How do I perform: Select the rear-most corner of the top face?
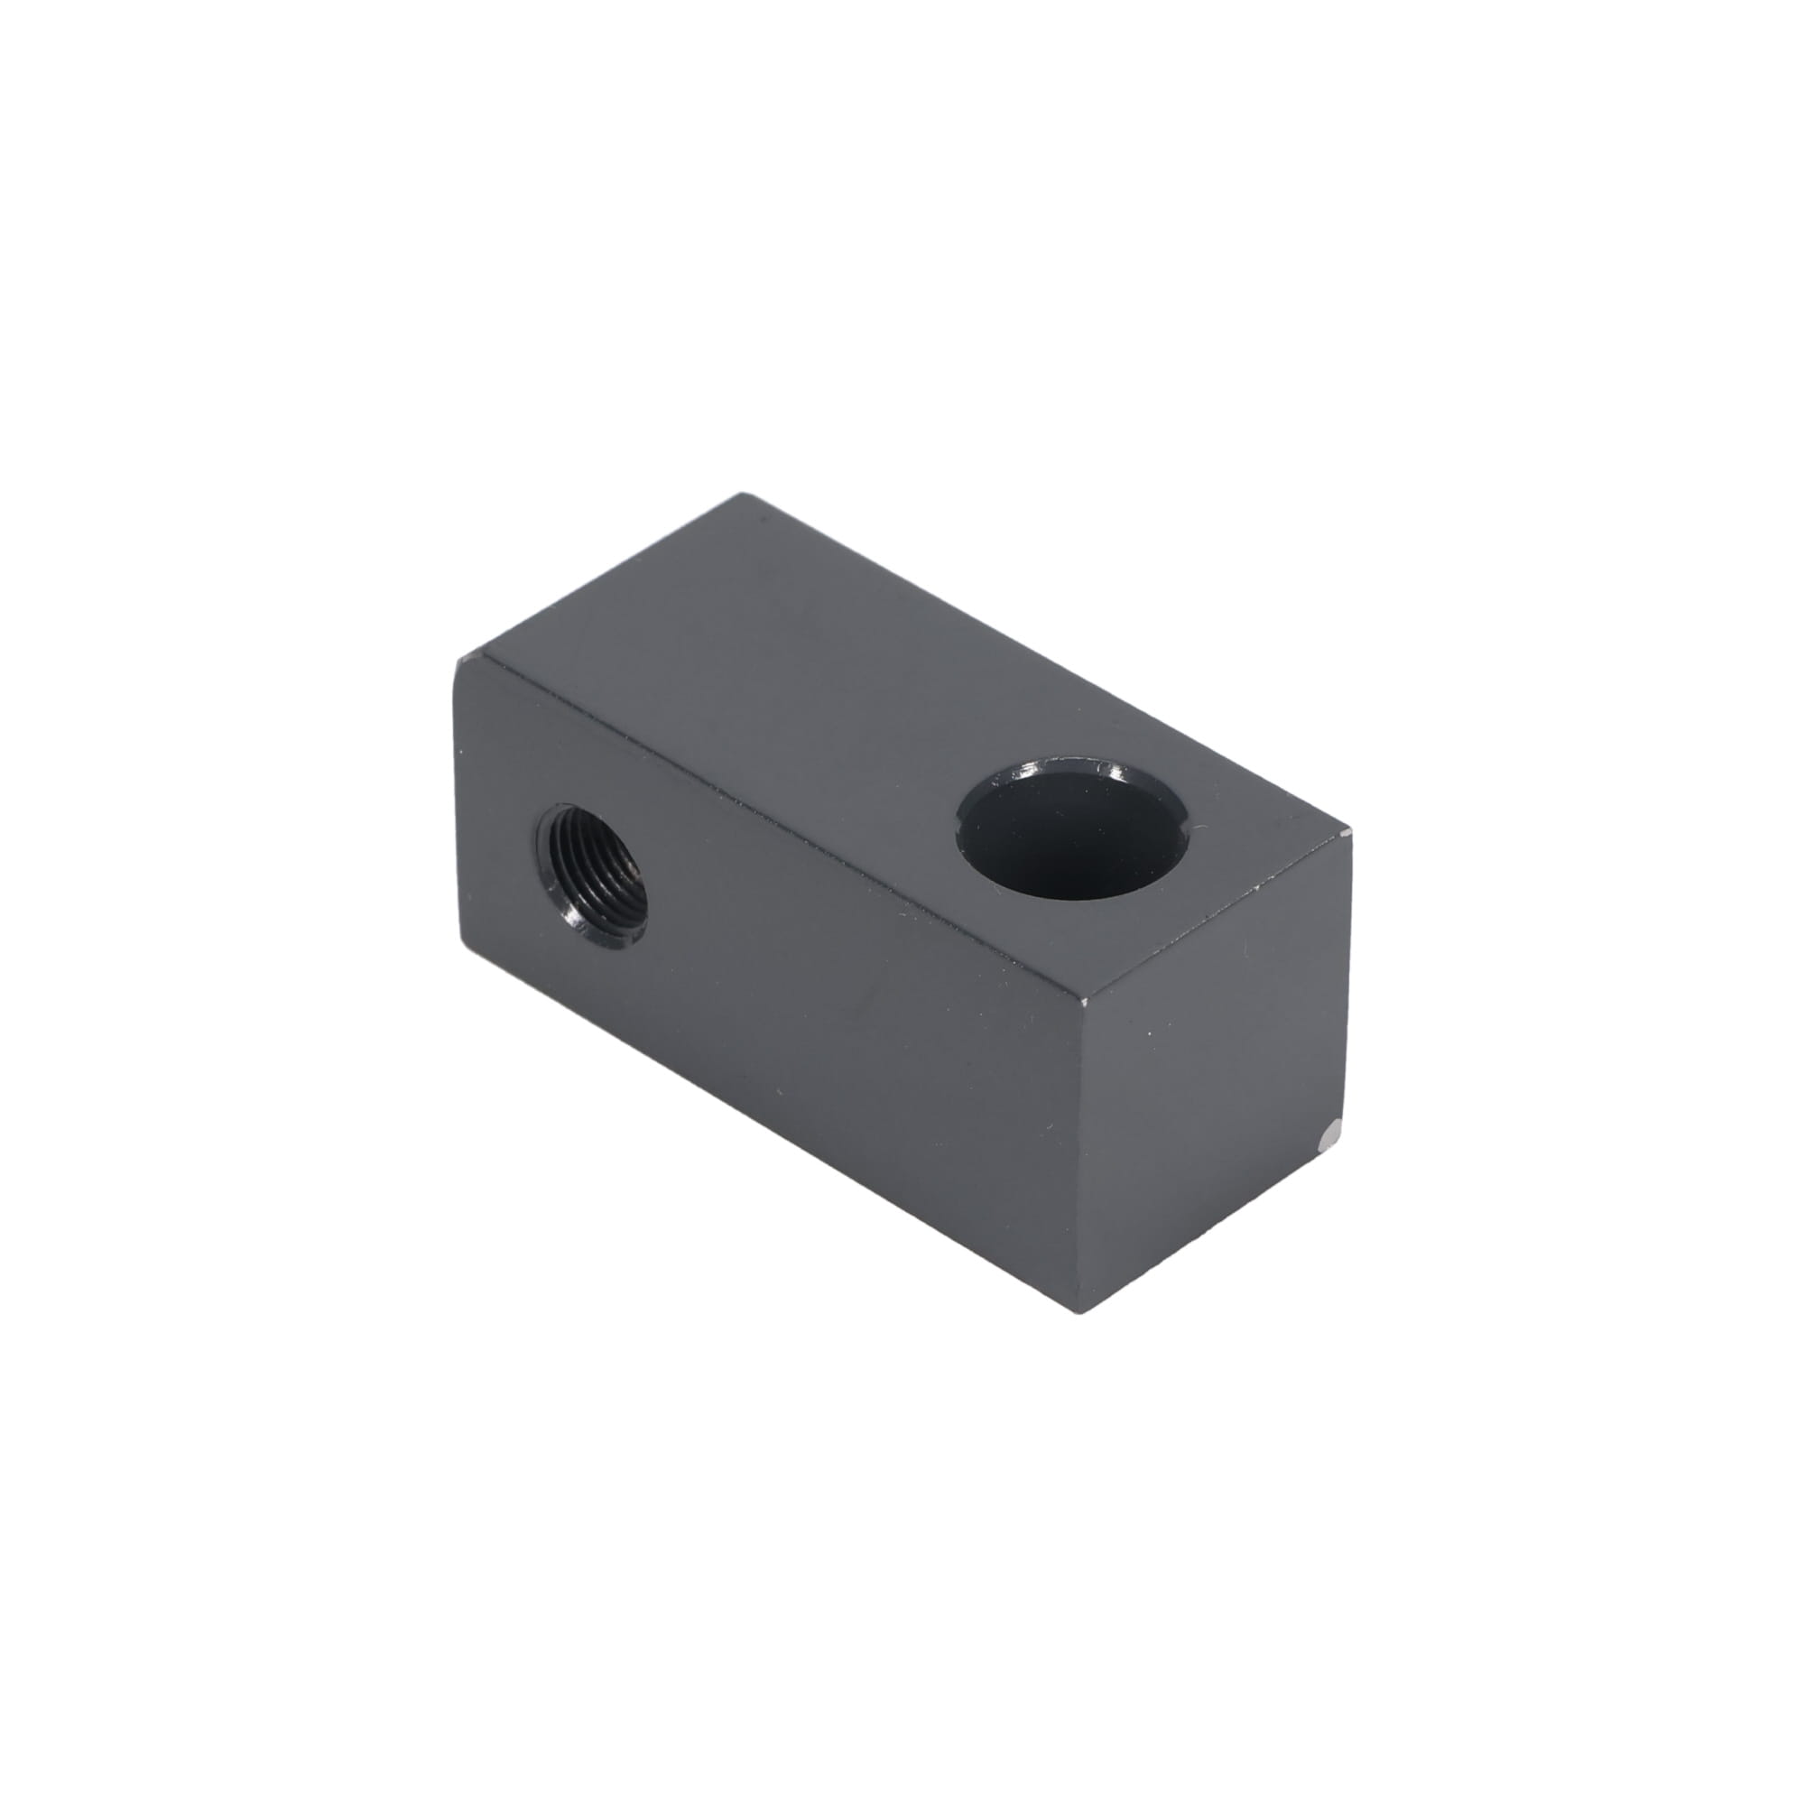744,495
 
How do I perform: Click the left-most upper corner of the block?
457,662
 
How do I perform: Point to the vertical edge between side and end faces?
1088,1159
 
